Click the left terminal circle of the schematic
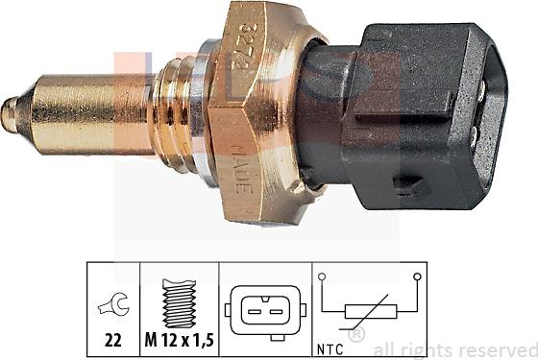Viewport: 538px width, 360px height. click(324, 278)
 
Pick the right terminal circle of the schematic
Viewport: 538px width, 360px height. click(417, 278)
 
